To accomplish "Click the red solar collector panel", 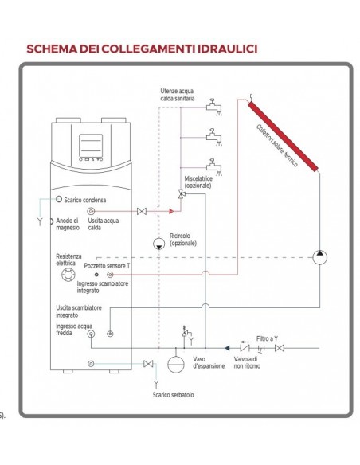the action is [283, 136].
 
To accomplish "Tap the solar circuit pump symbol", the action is [319, 257].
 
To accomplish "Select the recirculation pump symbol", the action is [159, 244].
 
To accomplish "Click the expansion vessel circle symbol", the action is [176, 364].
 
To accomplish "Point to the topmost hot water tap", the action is [213, 107].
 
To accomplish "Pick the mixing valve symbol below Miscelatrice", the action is [182, 193].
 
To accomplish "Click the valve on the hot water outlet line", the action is [142, 212].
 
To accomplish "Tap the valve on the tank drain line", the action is [148, 364].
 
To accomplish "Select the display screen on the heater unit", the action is [91, 146].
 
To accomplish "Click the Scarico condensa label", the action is [84, 200].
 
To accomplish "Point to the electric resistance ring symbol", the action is [68, 275].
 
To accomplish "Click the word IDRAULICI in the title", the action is [228, 49].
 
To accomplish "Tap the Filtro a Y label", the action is [267, 338].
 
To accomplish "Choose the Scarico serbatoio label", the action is [173, 395].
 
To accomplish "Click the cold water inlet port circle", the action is [91, 334].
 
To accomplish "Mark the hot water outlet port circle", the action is [91, 211].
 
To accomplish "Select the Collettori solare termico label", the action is [276, 146].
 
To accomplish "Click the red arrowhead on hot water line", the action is [171, 211].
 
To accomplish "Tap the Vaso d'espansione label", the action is [209, 363].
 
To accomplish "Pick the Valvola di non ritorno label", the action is [247, 363].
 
